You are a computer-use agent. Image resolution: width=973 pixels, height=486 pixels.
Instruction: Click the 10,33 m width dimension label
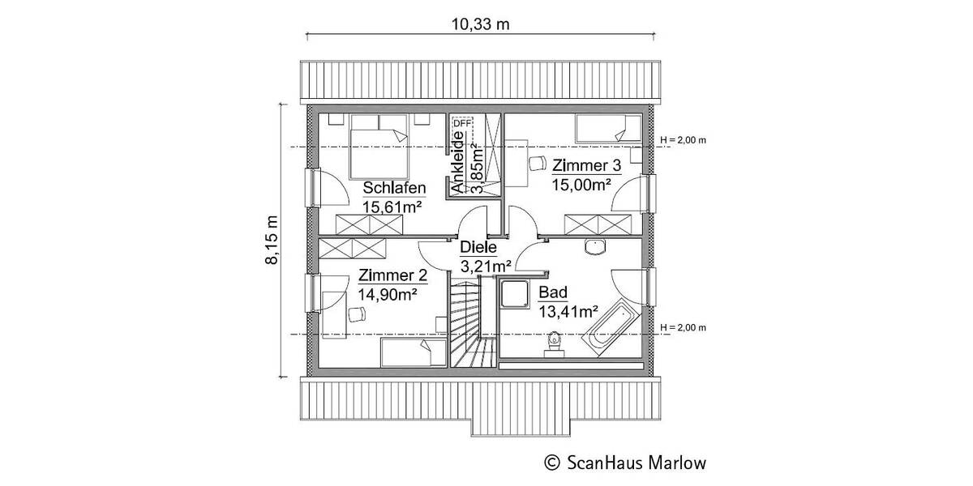(x=480, y=23)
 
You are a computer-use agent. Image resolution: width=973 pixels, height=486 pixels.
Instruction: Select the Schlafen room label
(x=395, y=188)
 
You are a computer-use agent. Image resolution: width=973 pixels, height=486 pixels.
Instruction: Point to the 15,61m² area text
(x=395, y=207)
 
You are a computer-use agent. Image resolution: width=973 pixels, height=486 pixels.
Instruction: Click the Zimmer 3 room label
(x=586, y=166)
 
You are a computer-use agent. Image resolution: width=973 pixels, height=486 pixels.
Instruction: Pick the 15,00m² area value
(x=581, y=185)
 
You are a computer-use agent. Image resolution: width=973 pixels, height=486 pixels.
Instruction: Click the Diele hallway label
(x=478, y=248)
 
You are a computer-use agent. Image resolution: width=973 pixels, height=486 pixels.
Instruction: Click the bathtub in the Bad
(x=614, y=328)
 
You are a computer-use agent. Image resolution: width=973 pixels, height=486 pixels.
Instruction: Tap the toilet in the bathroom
(x=555, y=343)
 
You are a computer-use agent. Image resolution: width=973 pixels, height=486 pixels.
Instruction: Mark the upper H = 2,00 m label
(x=684, y=140)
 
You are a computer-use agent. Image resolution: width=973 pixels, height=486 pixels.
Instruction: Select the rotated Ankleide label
(x=458, y=165)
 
